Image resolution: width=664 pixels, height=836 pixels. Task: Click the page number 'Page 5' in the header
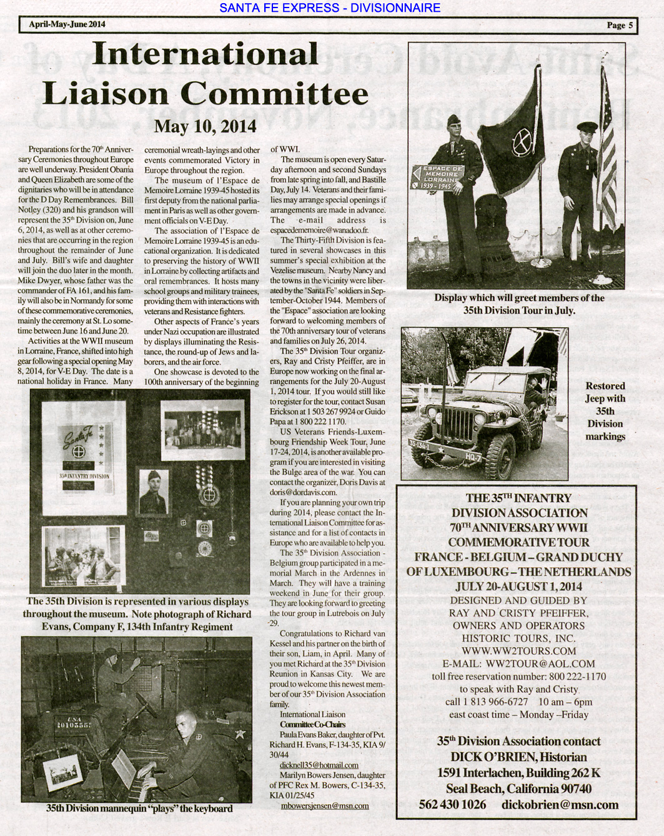(x=619, y=25)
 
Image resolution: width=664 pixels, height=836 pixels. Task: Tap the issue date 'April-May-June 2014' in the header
(x=67, y=24)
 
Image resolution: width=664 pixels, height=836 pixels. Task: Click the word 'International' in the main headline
(x=205, y=54)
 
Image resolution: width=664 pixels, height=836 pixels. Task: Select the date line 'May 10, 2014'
(x=205, y=126)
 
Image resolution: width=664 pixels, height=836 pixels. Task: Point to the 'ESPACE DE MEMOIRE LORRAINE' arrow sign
(x=439, y=177)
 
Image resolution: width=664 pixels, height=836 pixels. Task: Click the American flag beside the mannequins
(x=606, y=144)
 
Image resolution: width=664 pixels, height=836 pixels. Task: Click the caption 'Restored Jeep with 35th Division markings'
(x=605, y=411)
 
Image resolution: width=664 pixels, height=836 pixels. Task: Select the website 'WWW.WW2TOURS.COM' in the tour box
(x=518, y=651)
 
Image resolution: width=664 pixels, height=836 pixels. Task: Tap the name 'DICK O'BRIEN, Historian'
(x=518, y=757)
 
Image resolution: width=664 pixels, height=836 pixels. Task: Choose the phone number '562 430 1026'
(x=452, y=804)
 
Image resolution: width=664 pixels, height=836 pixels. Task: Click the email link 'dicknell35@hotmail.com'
(x=319, y=765)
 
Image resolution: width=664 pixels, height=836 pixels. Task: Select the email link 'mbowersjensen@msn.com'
(x=324, y=805)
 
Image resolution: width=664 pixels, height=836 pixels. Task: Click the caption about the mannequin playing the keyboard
(x=139, y=808)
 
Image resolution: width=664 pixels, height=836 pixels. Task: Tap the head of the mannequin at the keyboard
(x=187, y=721)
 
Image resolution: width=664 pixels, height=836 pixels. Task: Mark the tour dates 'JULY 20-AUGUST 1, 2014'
(x=518, y=587)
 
